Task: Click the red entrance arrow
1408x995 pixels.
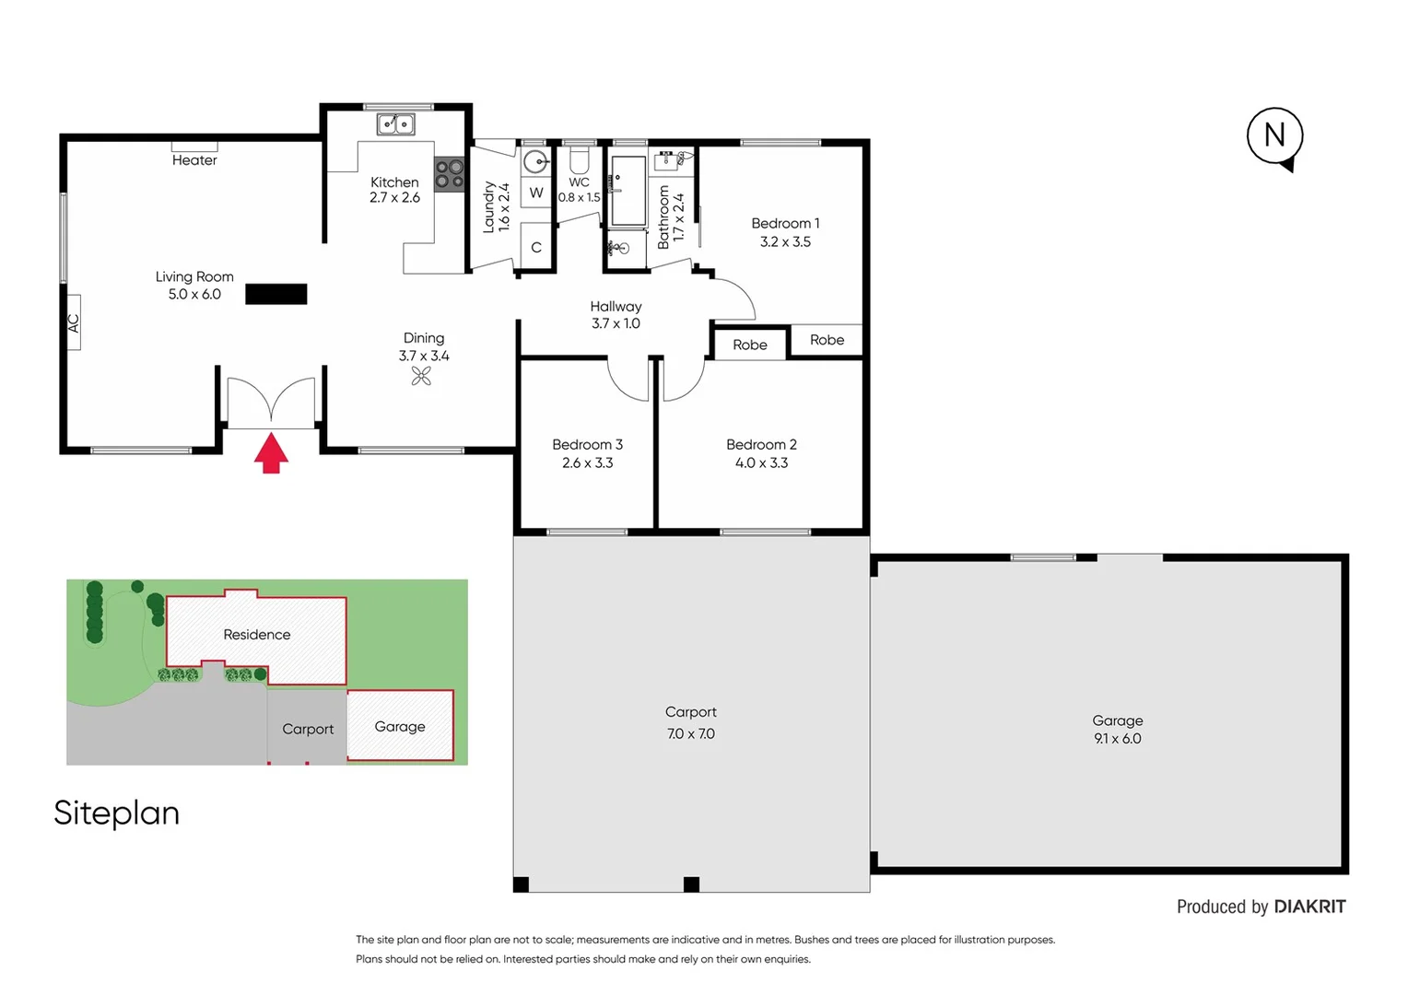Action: point(271,453)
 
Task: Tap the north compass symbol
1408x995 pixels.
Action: point(1274,136)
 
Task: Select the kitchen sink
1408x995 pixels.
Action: point(395,123)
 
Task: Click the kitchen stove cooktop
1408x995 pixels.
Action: point(450,174)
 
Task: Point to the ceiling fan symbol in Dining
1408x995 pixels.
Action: point(421,376)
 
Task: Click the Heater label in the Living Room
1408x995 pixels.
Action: point(194,160)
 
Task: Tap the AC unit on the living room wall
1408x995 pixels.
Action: point(73,322)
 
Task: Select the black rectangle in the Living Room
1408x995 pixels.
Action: point(276,294)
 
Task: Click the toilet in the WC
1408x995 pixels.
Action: point(579,161)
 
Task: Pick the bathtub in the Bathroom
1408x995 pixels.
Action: point(629,191)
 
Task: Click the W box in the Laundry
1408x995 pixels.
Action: point(536,193)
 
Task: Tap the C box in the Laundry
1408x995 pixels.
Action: point(536,247)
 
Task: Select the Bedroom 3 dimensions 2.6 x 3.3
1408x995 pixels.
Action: point(587,462)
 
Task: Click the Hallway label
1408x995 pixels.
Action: point(616,306)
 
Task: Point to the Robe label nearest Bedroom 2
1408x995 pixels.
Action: point(750,345)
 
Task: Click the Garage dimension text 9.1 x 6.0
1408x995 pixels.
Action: point(1117,739)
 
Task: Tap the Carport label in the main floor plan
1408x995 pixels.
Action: point(690,712)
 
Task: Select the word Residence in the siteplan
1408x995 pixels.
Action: point(256,635)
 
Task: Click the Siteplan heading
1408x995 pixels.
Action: point(116,813)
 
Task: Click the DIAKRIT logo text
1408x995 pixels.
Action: point(1309,907)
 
